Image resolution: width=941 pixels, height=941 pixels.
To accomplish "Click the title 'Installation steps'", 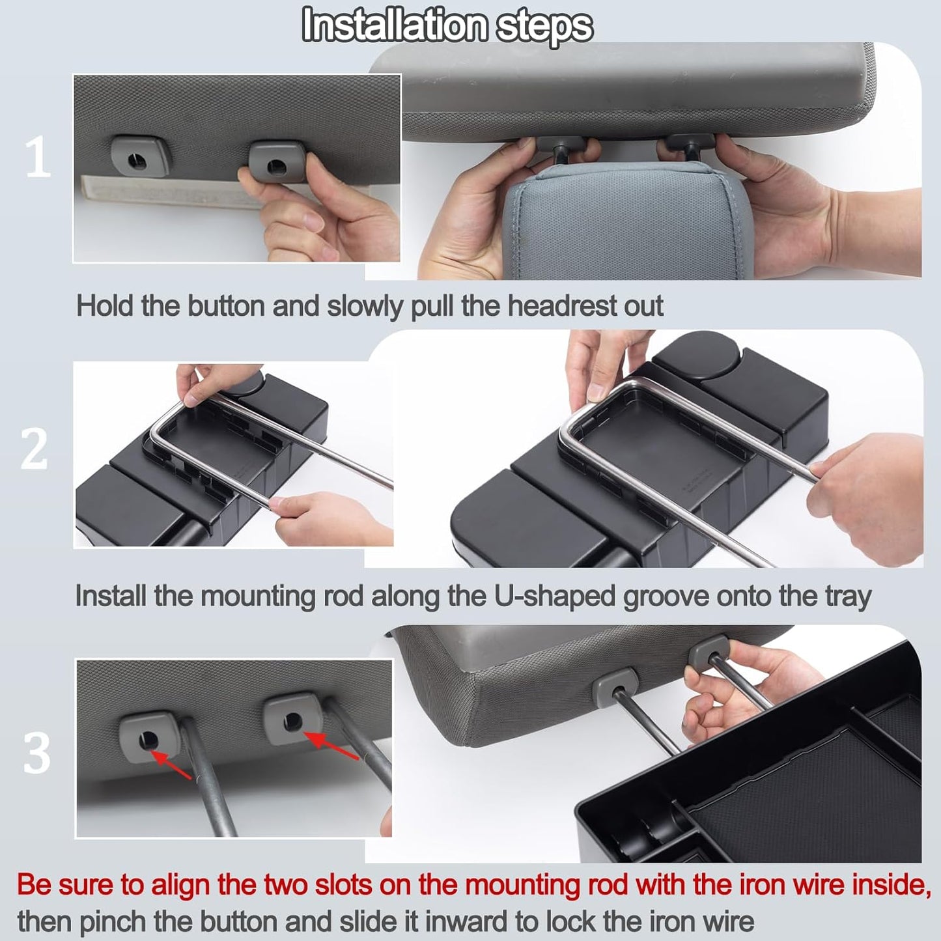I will [x=447, y=26].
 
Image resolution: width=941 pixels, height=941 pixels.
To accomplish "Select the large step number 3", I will [x=36, y=753].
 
